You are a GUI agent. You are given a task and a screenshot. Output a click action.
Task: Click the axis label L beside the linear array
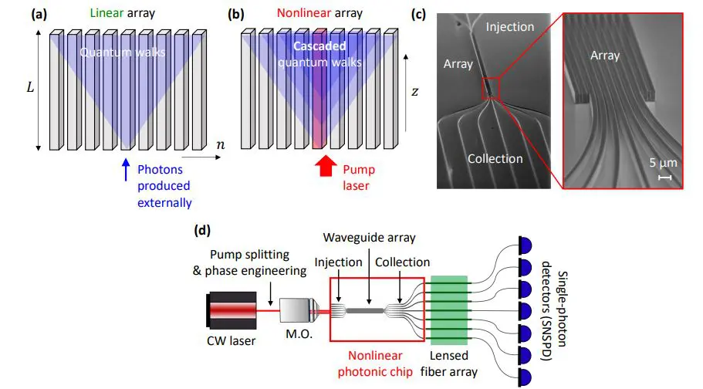coord(29,88)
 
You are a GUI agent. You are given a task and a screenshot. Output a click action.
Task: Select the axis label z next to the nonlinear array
coord(414,91)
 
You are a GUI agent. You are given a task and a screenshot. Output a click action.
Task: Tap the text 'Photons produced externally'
coord(164,185)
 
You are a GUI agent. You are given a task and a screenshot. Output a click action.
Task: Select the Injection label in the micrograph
coord(509,27)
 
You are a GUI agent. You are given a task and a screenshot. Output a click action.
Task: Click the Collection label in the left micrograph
coord(495,158)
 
